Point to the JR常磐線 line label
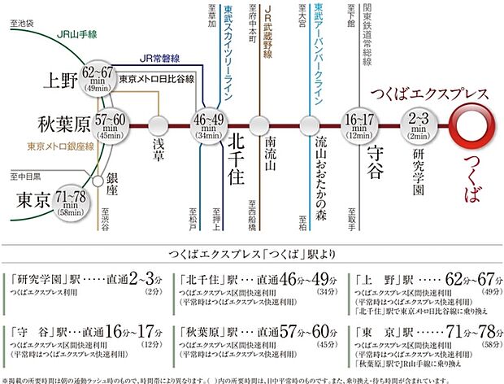pyautogui.click(x=158, y=59)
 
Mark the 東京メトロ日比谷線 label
pyautogui.click(x=156, y=81)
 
